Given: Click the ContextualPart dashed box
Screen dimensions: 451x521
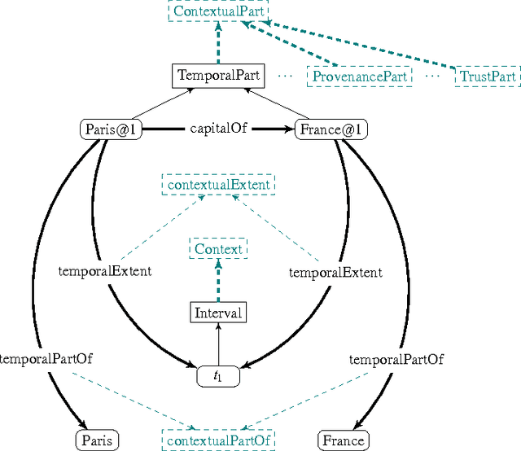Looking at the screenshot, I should (x=219, y=12).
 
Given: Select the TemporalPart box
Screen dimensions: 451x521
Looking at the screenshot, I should (x=219, y=76).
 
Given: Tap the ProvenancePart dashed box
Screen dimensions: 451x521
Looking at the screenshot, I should (x=360, y=77).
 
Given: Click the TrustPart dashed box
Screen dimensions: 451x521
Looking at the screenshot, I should (x=488, y=77).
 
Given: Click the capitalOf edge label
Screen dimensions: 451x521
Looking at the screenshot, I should (x=219, y=128).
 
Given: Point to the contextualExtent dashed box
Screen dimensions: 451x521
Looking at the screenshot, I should (x=219, y=185).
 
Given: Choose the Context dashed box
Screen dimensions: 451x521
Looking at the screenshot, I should (x=218, y=248).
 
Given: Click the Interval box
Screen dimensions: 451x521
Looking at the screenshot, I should (x=218, y=312).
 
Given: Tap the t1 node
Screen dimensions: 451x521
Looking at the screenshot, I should (x=218, y=376).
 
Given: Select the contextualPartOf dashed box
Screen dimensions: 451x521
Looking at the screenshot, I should (x=218, y=440).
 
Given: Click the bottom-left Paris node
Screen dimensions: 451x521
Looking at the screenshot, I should (x=97, y=440).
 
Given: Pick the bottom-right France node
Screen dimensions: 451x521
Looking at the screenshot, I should (x=343, y=440).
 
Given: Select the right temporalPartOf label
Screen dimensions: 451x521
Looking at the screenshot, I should (x=396, y=358).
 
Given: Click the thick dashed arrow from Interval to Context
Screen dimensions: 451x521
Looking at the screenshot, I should (x=218, y=281).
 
